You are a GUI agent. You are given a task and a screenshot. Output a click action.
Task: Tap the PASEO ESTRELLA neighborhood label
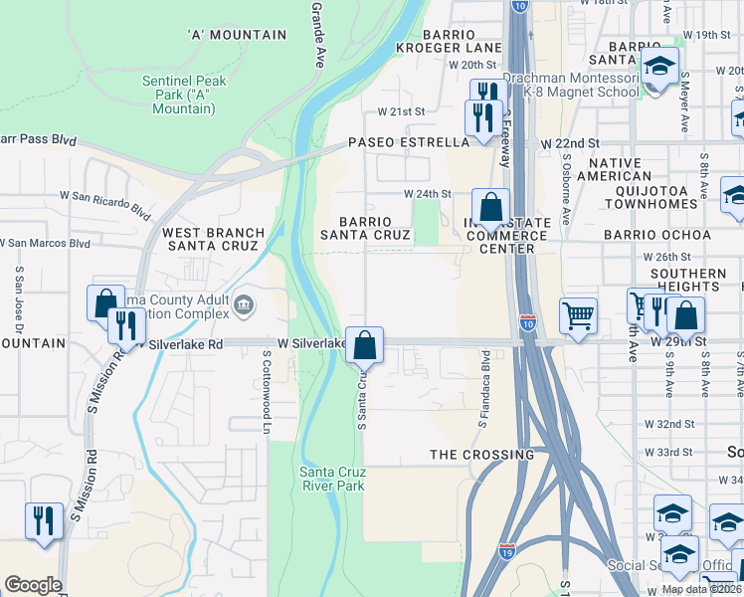click(x=408, y=143)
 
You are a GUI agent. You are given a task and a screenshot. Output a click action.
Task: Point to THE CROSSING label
click(x=481, y=455)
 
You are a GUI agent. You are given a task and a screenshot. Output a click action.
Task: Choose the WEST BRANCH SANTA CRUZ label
click(x=214, y=239)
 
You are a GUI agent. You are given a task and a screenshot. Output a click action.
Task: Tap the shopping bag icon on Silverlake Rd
click(x=365, y=345)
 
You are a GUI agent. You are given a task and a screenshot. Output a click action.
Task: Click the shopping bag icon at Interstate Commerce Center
click(x=490, y=209)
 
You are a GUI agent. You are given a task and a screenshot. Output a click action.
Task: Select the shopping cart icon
click(x=578, y=316)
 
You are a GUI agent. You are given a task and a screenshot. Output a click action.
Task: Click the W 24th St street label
click(x=427, y=194)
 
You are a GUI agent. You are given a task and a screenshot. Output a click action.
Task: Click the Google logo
click(x=33, y=585)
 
